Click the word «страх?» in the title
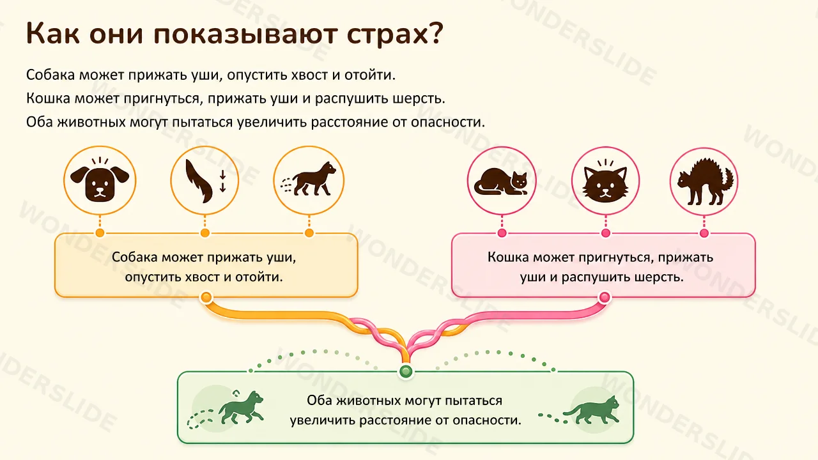[395, 34]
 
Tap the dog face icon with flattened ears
[100, 180]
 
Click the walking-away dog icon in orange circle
[309, 180]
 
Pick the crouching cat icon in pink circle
[501, 181]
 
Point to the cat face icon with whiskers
[605, 181]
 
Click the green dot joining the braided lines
[406, 372]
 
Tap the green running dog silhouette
[241, 408]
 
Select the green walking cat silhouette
[592, 410]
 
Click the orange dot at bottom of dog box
[206, 297]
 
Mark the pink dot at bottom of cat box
[605, 297]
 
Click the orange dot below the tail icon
[205, 233]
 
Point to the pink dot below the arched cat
[704, 233]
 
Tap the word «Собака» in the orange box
[134, 257]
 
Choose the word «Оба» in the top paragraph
[40, 122]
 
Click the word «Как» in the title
[52, 34]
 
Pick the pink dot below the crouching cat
[502, 233]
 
